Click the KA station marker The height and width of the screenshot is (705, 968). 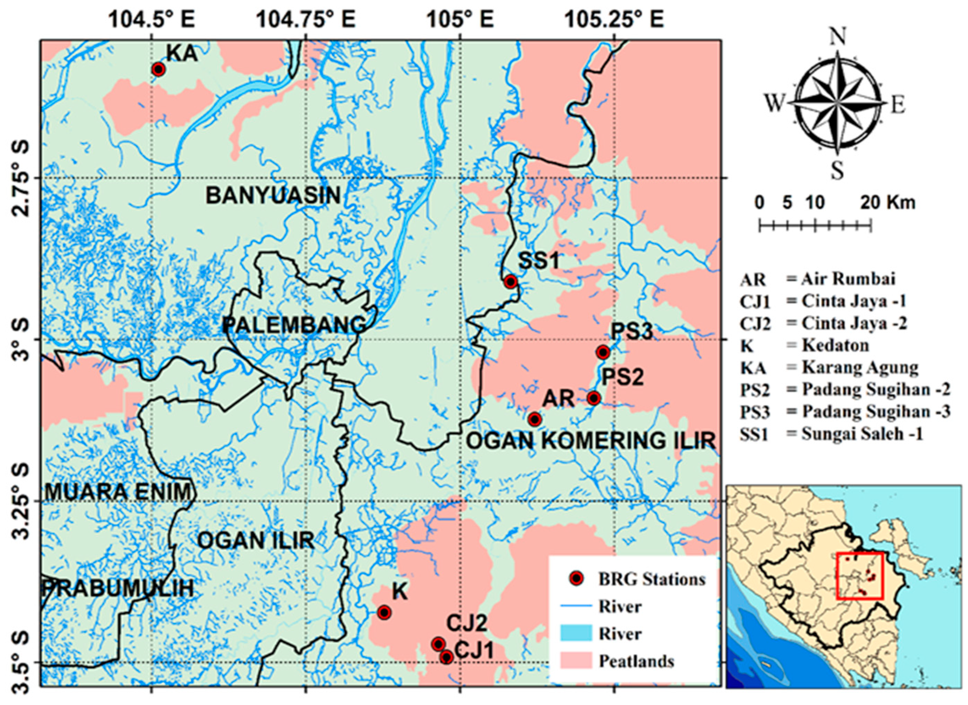point(159,69)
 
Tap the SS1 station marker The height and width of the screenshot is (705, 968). point(510,281)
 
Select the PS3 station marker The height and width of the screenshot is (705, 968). point(603,352)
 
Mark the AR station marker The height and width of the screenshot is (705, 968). point(534,420)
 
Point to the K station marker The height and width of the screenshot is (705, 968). point(385,613)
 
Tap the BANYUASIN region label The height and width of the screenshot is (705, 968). point(273,196)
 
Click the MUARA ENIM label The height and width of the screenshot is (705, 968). point(117,492)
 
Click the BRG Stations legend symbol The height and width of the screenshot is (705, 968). point(577,579)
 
